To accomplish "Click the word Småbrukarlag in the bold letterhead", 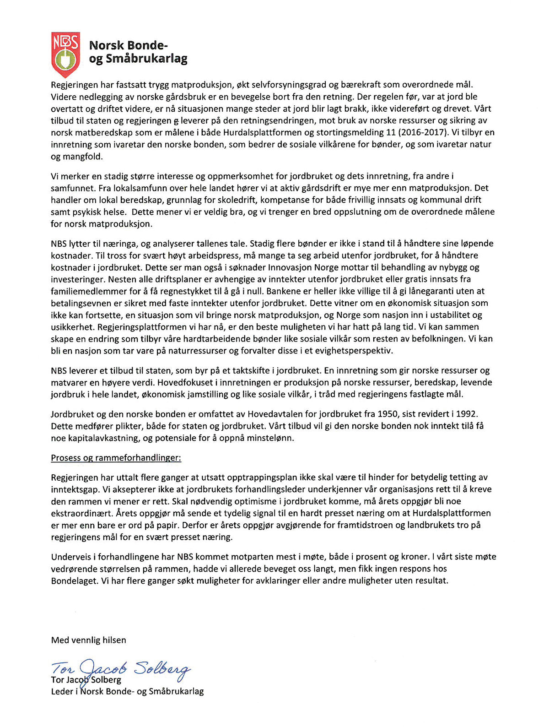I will click(146, 59).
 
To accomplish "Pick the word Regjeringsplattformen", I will click(145, 327).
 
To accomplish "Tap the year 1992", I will click(466, 414).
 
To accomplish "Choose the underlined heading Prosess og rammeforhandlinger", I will click(116, 458).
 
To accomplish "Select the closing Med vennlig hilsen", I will click(88, 640).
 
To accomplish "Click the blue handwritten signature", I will click(121, 669).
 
